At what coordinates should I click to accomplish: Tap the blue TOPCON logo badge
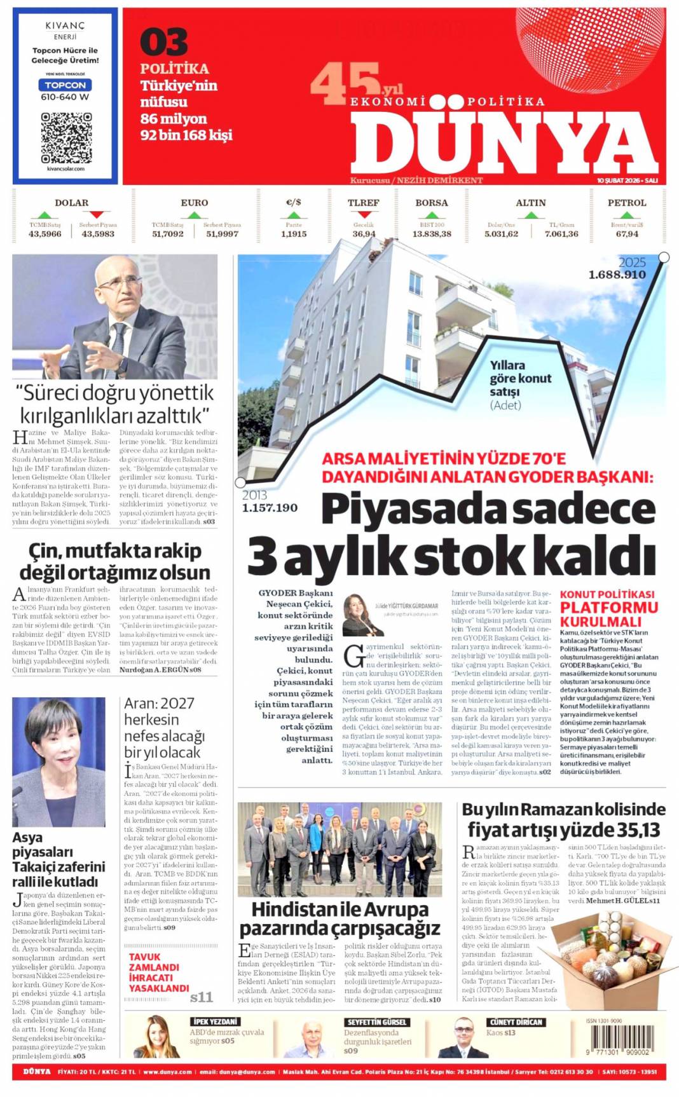pos(65,85)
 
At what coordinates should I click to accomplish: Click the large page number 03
pos(163,42)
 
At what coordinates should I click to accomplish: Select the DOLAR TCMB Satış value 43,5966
pos(45,234)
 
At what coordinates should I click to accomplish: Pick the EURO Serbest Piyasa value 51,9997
pos(222,234)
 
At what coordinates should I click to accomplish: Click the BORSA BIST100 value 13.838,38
pos(432,234)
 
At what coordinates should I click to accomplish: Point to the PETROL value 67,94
pos(627,234)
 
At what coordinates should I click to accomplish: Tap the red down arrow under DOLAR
pos(97,215)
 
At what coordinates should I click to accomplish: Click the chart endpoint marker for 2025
pos(664,257)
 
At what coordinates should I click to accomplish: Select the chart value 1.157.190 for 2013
pos(270,508)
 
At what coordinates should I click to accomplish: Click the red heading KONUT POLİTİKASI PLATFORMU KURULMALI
pos(608,608)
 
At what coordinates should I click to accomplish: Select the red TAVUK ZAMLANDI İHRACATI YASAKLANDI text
pos(159,972)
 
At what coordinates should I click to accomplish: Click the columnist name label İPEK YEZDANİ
pos(215,1022)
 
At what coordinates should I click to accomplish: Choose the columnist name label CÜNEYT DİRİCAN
pos(516,1022)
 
